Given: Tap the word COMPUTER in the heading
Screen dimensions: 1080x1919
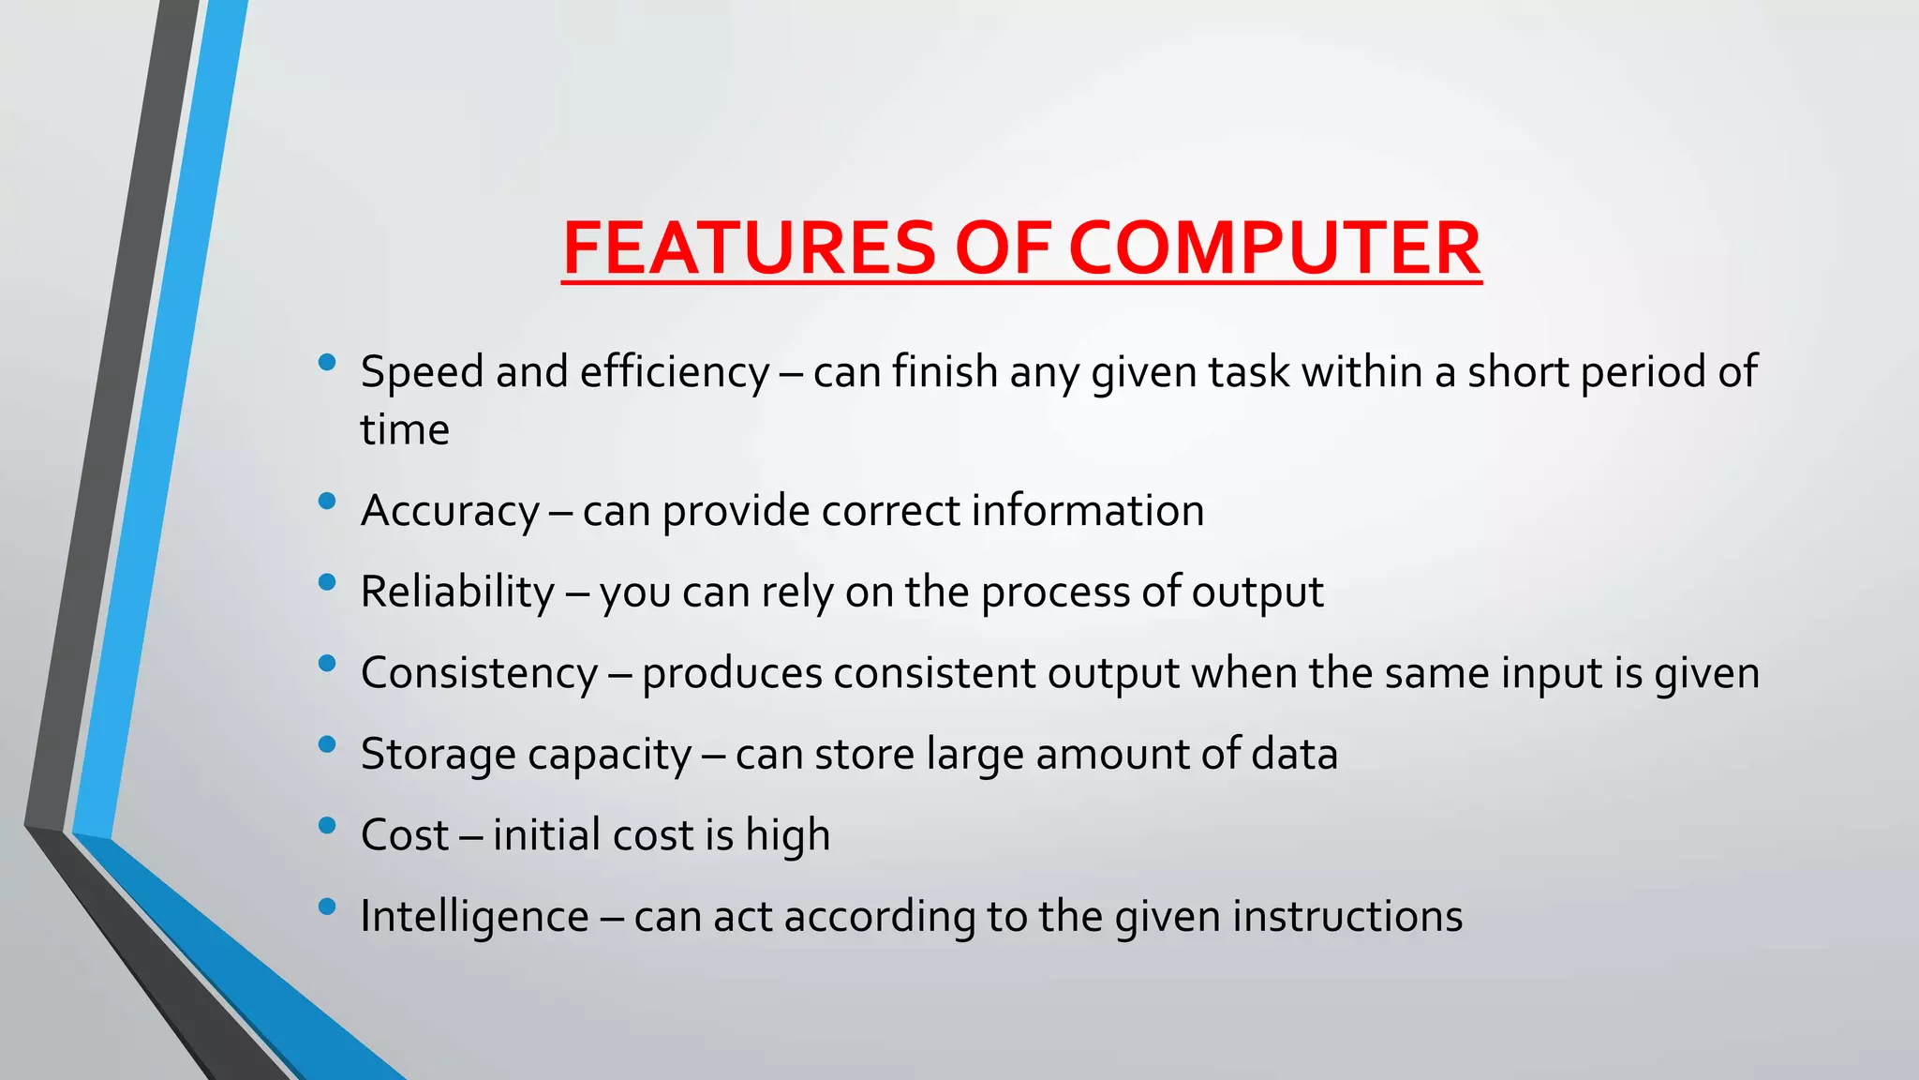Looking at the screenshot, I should point(1274,248).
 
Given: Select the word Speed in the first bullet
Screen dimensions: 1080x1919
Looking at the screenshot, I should point(422,372).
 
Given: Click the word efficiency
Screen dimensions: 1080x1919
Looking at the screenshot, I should point(675,372).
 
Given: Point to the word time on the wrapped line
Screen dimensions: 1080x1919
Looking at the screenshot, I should point(405,430).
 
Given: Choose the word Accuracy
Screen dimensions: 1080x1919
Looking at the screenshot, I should point(451,512).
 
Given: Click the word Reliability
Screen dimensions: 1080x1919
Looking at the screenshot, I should point(458,592).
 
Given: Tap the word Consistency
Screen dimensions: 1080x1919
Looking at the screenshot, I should point(479,673).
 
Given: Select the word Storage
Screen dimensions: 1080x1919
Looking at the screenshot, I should point(432,755).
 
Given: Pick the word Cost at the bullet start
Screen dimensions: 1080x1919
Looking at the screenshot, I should point(405,835).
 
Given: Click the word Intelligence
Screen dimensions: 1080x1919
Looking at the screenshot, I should point(474,917).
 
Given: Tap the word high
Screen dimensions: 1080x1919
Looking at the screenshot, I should point(787,835).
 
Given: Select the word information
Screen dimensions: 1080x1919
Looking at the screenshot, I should point(1088,511).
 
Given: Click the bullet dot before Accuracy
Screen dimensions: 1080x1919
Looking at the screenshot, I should point(327,502).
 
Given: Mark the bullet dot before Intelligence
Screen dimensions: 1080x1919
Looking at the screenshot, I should point(327,907).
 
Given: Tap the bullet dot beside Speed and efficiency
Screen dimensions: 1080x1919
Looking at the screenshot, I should point(327,362).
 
